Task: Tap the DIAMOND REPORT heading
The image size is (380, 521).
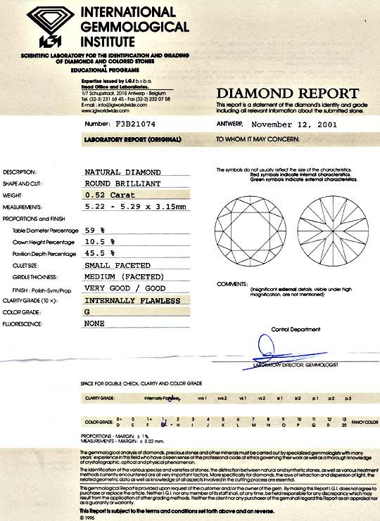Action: pyautogui.click(x=286, y=94)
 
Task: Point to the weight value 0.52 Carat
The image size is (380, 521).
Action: pyautogui.click(x=113, y=195)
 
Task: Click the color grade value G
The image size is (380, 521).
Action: pyautogui.click(x=88, y=312)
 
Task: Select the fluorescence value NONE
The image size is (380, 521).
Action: pyautogui.click(x=94, y=324)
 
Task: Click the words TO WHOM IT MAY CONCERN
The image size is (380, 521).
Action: pyautogui.click(x=258, y=139)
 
